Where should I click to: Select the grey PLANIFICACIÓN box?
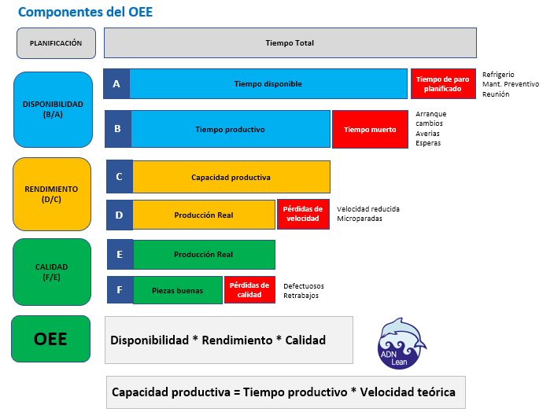pos(56,43)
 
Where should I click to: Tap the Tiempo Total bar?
pos(290,43)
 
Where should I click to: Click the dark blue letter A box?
pos(116,83)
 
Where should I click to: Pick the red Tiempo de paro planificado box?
pos(443,83)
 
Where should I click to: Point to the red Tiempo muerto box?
pos(370,129)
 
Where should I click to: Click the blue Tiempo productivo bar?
pos(230,129)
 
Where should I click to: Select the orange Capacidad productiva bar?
pos(231,177)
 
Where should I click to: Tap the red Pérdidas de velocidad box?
pos(303,214)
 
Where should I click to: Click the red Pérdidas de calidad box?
pos(249,289)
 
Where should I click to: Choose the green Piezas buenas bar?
pos(178,290)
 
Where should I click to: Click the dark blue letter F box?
pos(120,290)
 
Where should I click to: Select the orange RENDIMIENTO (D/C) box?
pos(52,194)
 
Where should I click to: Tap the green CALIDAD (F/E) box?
pos(52,272)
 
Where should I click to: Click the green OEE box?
pos(50,340)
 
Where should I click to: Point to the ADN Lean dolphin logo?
pos(402,343)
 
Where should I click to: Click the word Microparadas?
pos(361,219)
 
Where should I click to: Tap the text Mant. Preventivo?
pos(510,84)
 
